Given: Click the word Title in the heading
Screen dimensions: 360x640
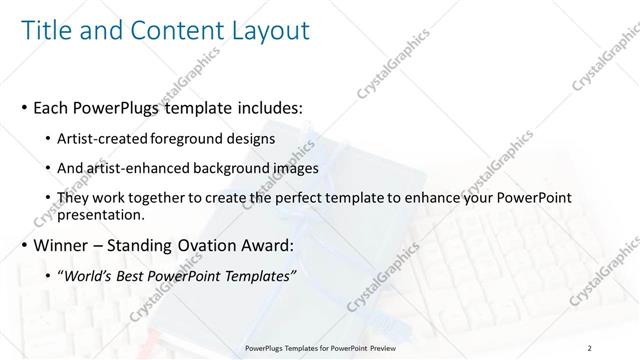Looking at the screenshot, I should pos(46,32).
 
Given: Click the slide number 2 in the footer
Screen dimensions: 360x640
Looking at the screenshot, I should pos(590,347).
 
